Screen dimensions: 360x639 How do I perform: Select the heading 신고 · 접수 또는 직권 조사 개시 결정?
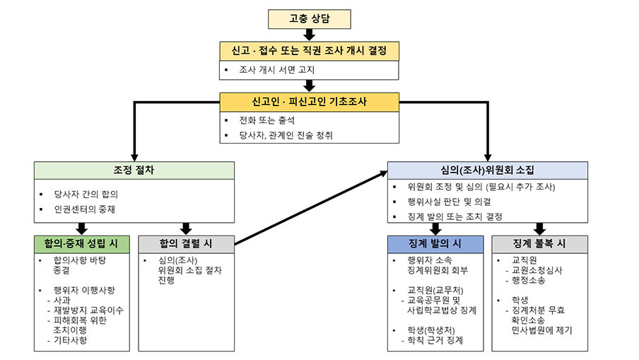[x=309, y=51]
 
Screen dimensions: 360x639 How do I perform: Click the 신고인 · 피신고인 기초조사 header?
[x=309, y=102]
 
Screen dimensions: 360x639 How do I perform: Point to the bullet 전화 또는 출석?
[x=266, y=120]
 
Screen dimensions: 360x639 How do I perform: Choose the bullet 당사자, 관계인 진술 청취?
[x=286, y=134]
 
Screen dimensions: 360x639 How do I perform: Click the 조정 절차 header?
[x=134, y=170]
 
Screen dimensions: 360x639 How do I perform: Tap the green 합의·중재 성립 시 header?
[x=82, y=243]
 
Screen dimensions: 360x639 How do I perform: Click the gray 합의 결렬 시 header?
[x=186, y=243]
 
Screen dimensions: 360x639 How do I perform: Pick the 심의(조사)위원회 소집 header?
[x=487, y=170]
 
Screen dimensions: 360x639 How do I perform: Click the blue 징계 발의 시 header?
[x=435, y=243]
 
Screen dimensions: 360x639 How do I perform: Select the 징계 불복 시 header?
[x=539, y=243]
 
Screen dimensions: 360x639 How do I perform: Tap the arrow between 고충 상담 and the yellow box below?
[x=309, y=35]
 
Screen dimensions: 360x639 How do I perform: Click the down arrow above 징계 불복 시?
[x=539, y=228]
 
